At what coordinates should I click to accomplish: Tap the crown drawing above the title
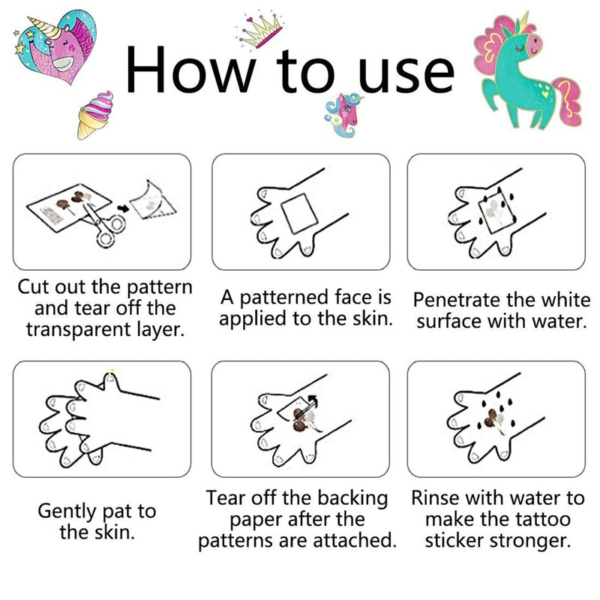tap(260, 31)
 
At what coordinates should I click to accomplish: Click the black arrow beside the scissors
tap(123, 208)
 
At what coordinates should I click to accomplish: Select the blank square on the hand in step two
tap(300, 214)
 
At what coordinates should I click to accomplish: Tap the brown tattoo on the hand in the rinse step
tap(492, 420)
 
